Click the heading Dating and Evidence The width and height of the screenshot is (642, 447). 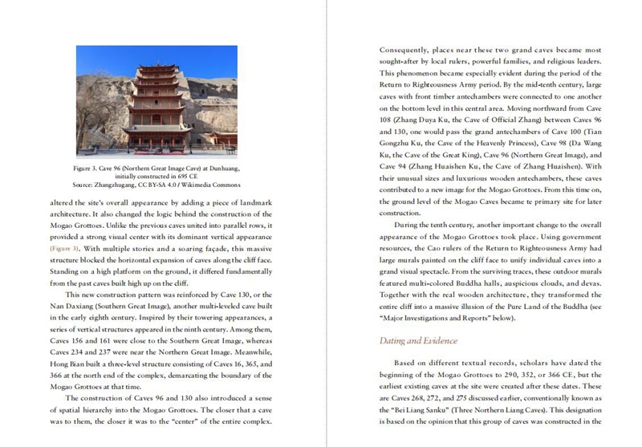(x=417, y=340)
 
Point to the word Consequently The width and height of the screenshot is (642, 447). (x=410, y=50)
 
